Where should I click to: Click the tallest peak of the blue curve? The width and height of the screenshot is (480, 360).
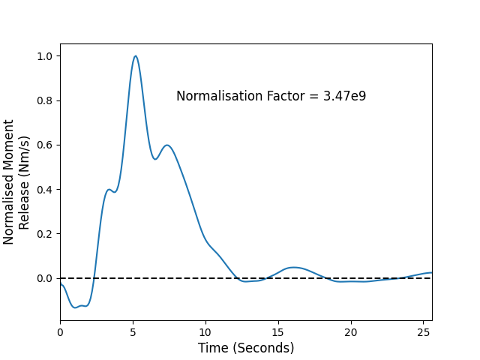pyautogui.click(x=135, y=56)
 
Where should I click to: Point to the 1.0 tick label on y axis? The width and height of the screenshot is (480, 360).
pyautogui.click(x=45, y=56)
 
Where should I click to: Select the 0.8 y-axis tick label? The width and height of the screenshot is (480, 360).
pyautogui.click(x=45, y=100)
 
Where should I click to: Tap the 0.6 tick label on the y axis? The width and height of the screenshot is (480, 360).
pyautogui.click(x=45, y=145)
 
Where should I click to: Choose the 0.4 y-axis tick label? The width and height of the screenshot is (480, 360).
pyautogui.click(x=45, y=190)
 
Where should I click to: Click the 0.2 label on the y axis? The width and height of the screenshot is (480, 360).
pyautogui.click(x=45, y=234)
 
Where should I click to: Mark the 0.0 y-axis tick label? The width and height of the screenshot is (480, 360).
pyautogui.click(x=45, y=278)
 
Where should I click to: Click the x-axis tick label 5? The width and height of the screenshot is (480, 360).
pyautogui.click(x=133, y=332)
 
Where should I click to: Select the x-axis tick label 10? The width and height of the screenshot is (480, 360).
pyautogui.click(x=205, y=332)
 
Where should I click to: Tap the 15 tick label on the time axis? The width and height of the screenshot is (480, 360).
pyautogui.click(x=278, y=332)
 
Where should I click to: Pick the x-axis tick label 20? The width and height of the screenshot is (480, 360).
pyautogui.click(x=351, y=332)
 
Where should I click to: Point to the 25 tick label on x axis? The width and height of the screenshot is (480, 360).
pyautogui.click(x=423, y=332)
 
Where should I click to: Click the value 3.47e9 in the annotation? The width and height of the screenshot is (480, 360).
pyautogui.click(x=345, y=96)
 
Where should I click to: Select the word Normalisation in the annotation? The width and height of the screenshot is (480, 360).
pyautogui.click(x=220, y=96)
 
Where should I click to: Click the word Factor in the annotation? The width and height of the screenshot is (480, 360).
pyautogui.click(x=286, y=96)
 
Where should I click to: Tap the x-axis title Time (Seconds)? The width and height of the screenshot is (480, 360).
pyautogui.click(x=246, y=348)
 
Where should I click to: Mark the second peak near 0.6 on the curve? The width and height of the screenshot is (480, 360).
pyautogui.click(x=167, y=145)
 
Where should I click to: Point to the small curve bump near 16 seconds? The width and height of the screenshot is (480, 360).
pyautogui.click(x=294, y=268)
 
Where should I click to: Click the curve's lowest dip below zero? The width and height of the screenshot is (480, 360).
pyautogui.click(x=75, y=307)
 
